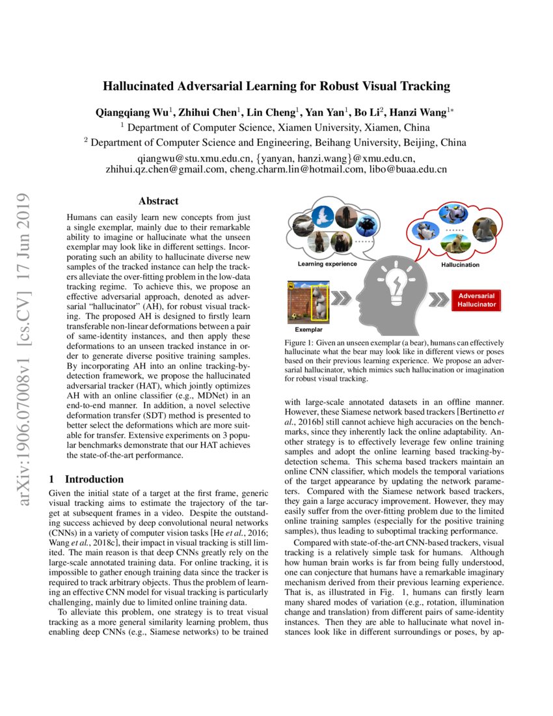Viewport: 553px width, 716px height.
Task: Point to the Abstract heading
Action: pos(158,201)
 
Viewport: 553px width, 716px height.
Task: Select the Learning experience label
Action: pos(327,264)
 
